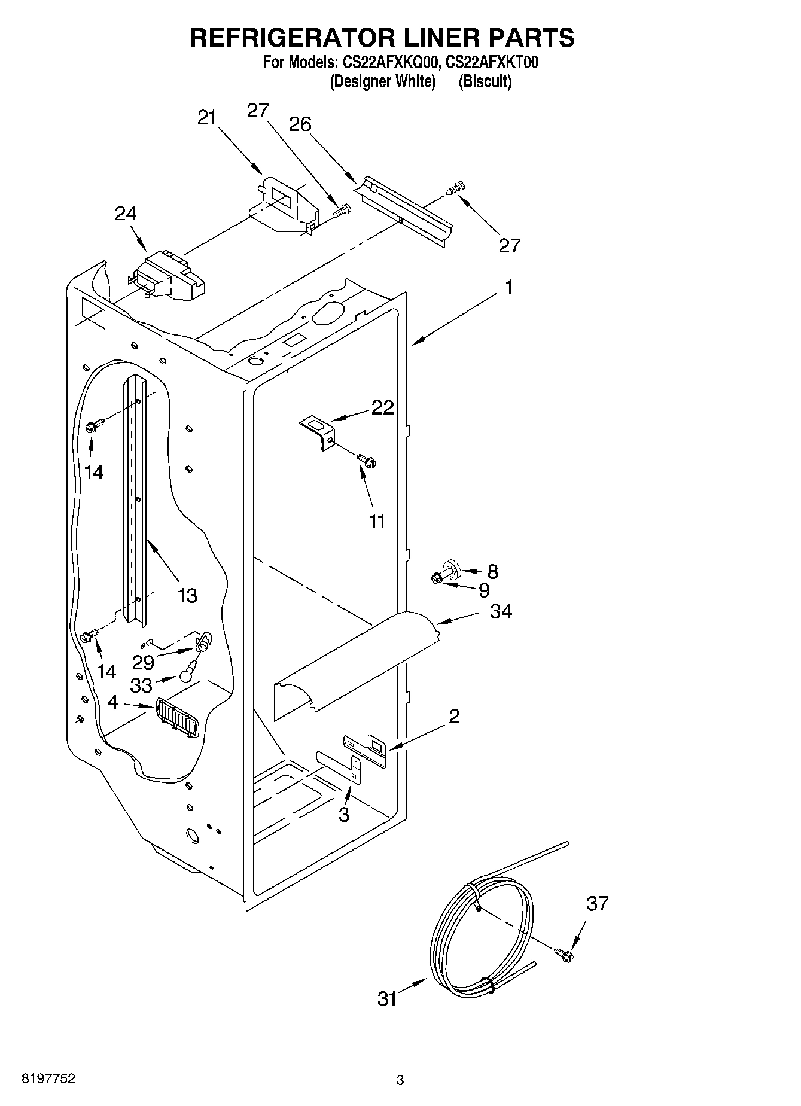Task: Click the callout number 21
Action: coord(206,118)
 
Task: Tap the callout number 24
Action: coord(126,214)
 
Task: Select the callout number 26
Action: coord(300,124)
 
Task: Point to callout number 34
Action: coord(501,612)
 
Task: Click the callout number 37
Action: coord(597,903)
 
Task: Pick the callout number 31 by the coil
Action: coord(388,999)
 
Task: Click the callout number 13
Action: coord(187,596)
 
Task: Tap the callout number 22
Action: coord(383,407)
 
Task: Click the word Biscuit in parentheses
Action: coord(485,81)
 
